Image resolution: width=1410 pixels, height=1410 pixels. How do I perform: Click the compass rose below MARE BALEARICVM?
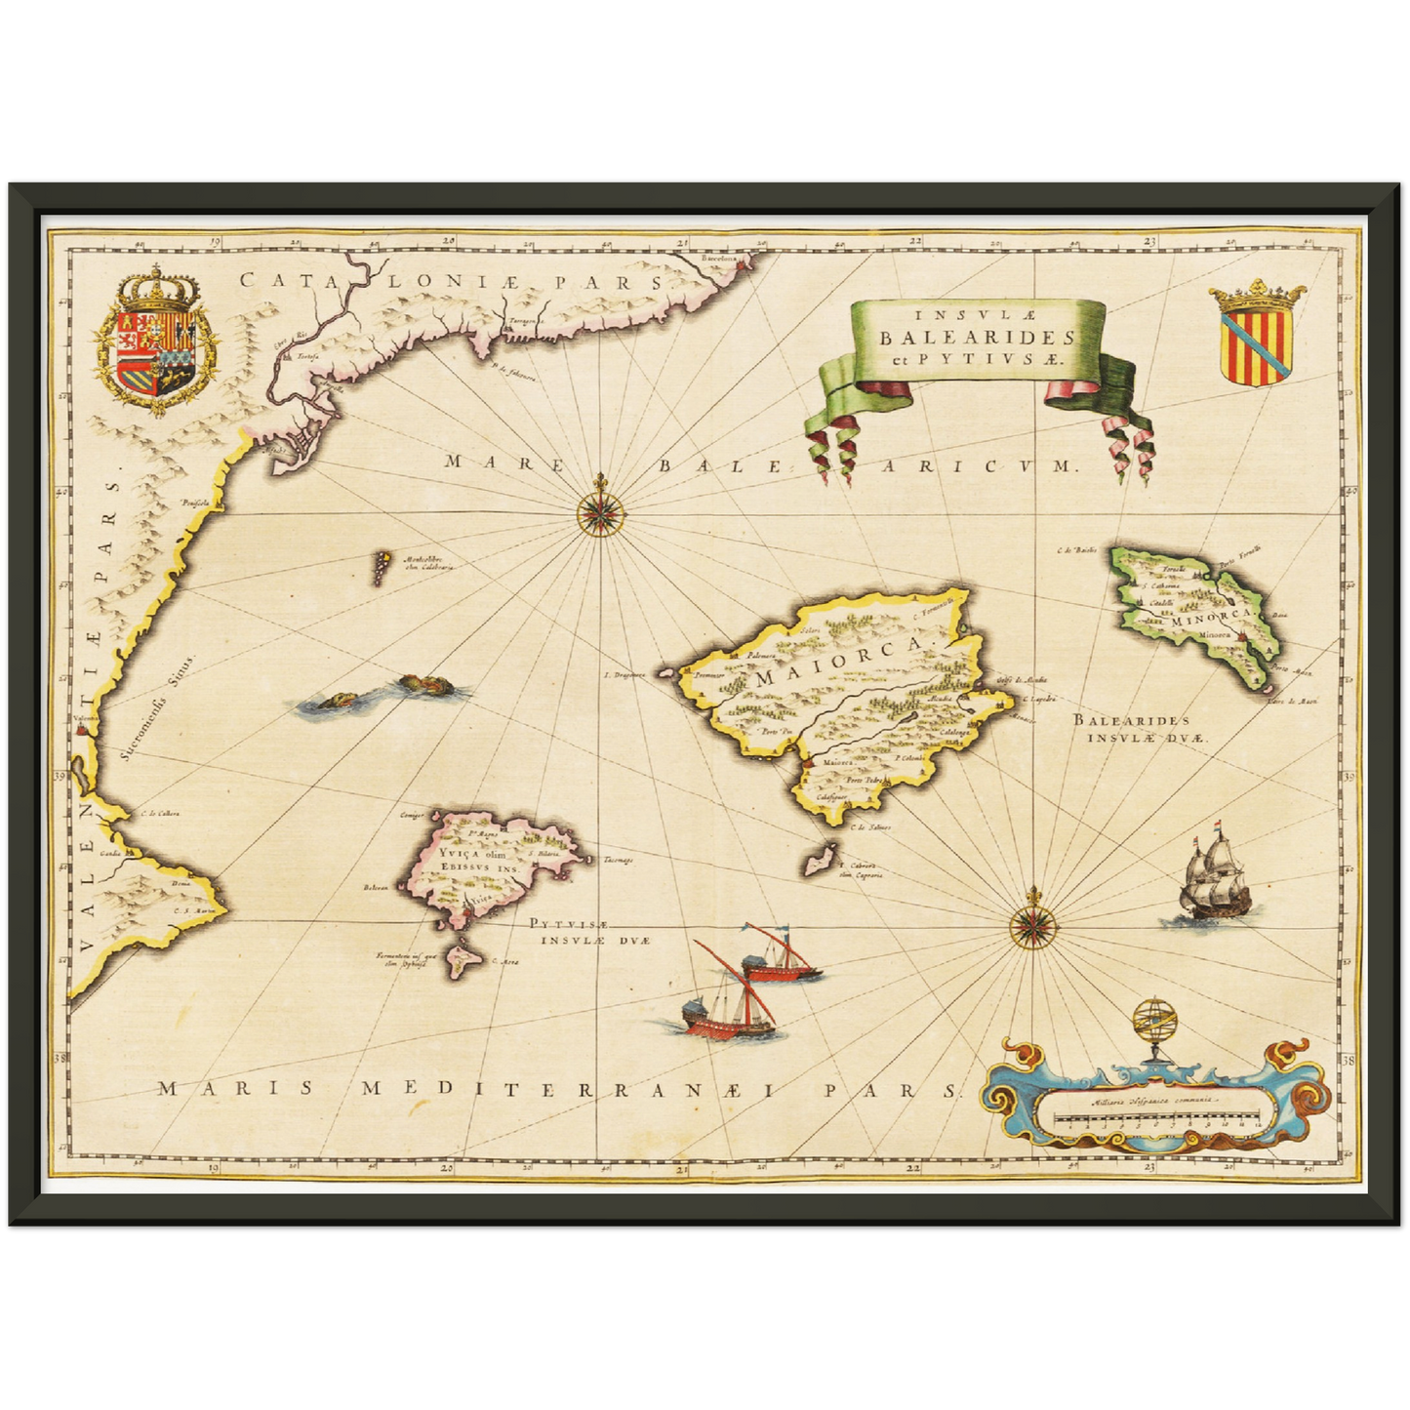[599, 510]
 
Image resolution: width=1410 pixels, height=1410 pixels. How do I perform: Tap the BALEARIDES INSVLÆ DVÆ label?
[1139, 728]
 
